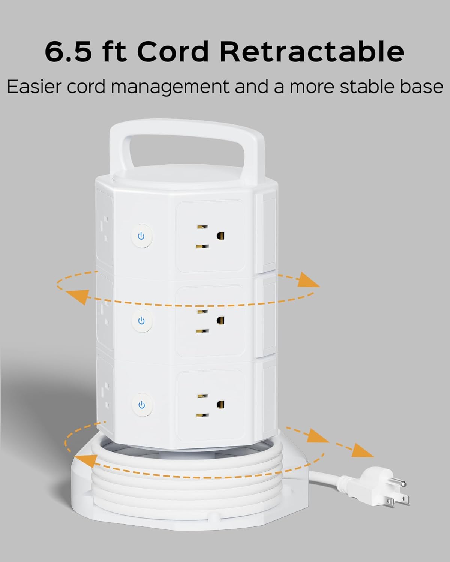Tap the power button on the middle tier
click(x=141, y=321)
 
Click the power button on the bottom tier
click(x=141, y=405)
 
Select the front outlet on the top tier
click(x=210, y=236)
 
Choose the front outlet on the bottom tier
click(x=210, y=405)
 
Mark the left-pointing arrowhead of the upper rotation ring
click(x=78, y=296)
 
